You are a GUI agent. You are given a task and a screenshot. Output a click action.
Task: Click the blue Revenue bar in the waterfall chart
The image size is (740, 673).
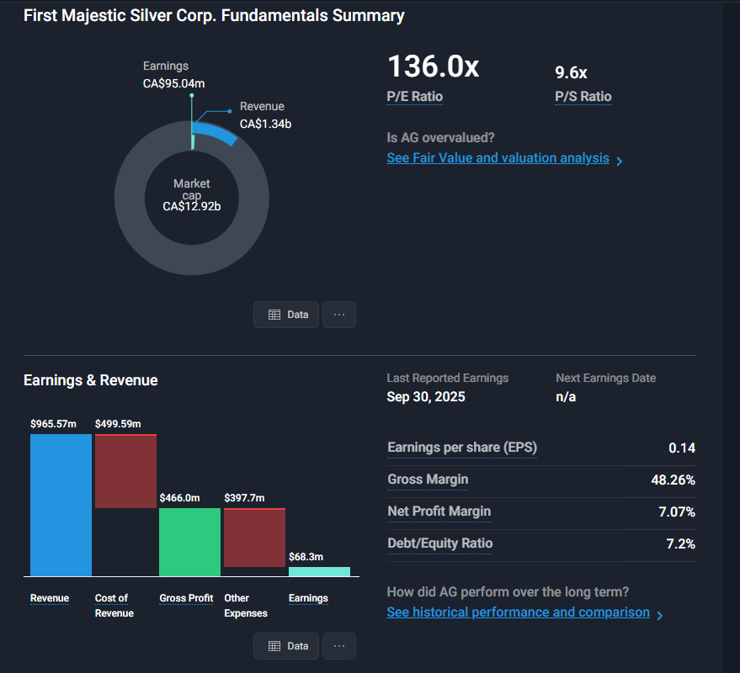(61, 505)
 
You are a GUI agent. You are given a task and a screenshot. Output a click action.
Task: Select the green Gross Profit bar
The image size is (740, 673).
(189, 542)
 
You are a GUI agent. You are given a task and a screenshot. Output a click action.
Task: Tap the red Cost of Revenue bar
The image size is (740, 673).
(125, 471)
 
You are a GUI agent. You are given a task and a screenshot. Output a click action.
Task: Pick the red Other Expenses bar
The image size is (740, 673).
(254, 538)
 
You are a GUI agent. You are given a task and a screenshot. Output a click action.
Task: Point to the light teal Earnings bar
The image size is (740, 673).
(319, 571)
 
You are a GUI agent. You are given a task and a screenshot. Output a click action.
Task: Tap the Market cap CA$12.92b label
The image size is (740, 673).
(192, 195)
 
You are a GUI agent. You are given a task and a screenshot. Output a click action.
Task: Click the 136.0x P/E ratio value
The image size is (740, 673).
(433, 67)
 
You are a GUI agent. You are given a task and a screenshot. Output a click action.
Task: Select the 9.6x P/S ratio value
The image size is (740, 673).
(571, 72)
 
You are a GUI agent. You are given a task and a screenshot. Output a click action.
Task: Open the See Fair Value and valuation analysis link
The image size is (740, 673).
(498, 158)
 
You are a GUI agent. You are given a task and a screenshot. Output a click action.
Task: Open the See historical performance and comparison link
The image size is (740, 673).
(518, 612)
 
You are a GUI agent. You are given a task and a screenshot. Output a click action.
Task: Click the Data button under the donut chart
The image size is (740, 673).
(287, 315)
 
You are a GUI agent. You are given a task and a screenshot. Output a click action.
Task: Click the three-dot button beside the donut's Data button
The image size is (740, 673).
(339, 315)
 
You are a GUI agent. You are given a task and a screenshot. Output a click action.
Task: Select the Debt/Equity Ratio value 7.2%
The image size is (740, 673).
(680, 543)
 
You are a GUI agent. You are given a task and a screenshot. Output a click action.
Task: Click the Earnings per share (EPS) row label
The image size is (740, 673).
(461, 448)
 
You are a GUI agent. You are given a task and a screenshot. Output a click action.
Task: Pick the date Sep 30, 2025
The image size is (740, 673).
(425, 396)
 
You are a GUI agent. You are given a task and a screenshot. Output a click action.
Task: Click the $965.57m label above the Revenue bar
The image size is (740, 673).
(53, 423)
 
